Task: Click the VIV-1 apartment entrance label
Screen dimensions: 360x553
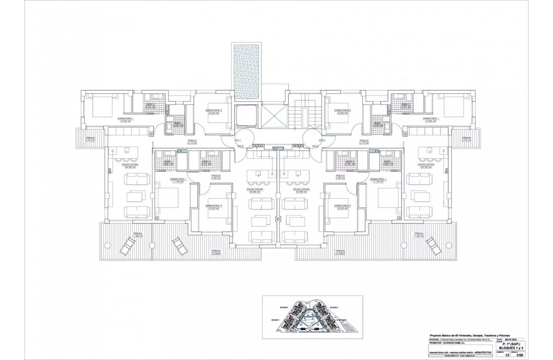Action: point(238,140)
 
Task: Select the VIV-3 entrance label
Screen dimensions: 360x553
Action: point(315,146)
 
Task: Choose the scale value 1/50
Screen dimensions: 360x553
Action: point(520,355)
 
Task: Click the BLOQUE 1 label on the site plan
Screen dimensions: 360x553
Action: point(275,320)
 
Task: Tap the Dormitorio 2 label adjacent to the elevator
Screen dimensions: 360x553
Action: point(213,111)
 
